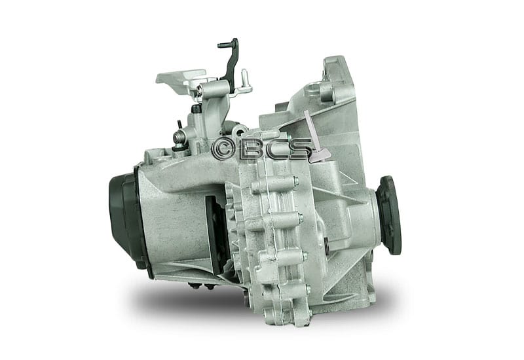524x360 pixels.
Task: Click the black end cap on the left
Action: click(125, 220)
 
